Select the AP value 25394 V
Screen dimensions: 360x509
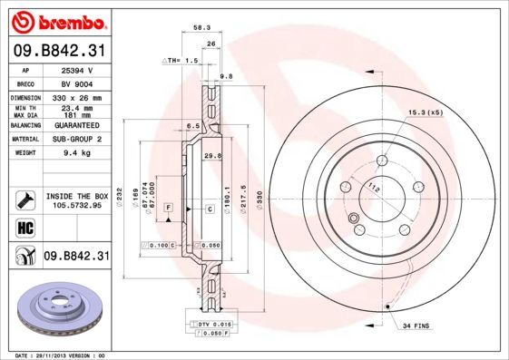tap(76, 70)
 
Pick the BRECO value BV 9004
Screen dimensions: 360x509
tap(76, 83)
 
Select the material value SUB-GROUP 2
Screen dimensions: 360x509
tap(76, 140)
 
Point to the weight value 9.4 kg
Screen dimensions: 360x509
tap(76, 153)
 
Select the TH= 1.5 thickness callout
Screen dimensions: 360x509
tap(181, 60)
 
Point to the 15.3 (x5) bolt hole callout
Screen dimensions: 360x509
tap(426, 112)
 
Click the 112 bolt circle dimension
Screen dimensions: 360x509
tap(373, 188)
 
